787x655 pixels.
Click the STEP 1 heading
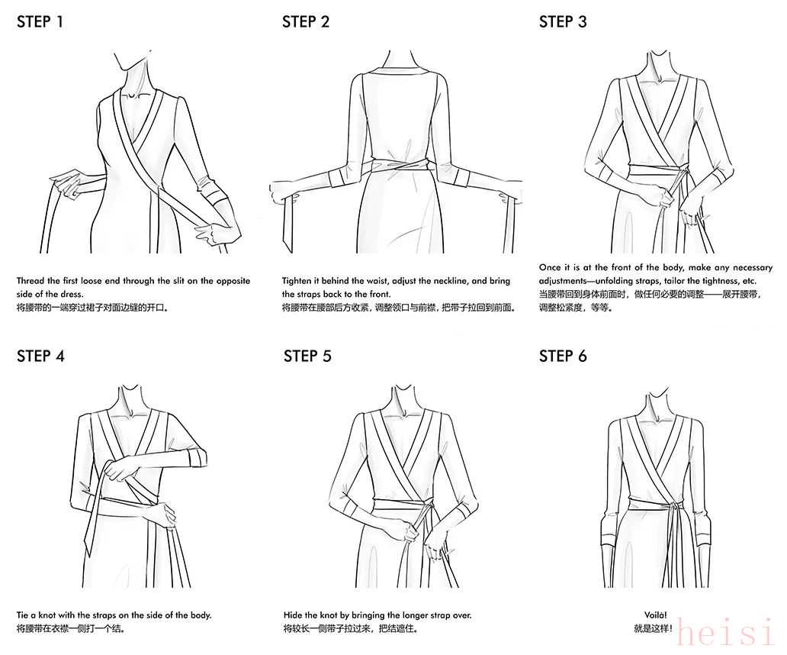pyautogui.click(x=40, y=22)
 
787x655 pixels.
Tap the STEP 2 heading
pyautogui.click(x=306, y=22)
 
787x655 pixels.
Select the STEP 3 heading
pyautogui.click(x=563, y=22)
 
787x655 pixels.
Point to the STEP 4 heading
pyautogui.click(x=40, y=357)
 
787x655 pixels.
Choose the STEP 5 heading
pyautogui.click(x=307, y=357)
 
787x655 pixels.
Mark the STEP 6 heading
pyautogui.click(x=563, y=357)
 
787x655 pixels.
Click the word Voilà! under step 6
pyautogui.click(x=656, y=615)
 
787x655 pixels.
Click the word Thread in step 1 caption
pyautogui.click(x=31, y=281)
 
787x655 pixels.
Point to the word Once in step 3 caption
pyautogui.click(x=550, y=268)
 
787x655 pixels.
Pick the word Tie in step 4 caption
pyautogui.click(x=23, y=615)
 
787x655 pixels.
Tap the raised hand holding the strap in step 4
pyautogui.click(x=120, y=470)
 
